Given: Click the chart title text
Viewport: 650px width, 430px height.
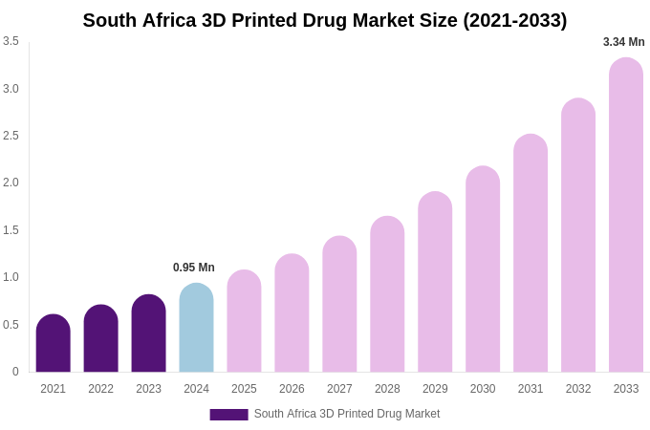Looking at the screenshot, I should click(324, 20).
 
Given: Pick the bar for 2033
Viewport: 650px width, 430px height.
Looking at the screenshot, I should click(626, 215).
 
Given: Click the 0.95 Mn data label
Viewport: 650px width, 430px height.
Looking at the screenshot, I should click(194, 268).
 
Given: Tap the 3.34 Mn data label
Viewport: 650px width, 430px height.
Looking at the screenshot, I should click(623, 42).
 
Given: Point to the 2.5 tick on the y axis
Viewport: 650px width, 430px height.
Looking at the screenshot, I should click(11, 136).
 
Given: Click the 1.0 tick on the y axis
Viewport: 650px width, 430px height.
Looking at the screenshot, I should click(11, 277).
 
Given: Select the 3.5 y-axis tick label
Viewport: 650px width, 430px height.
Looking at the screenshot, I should click(11, 41).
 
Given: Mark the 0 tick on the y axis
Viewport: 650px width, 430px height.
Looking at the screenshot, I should click(15, 372).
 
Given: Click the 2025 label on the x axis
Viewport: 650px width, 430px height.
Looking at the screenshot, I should click(244, 389).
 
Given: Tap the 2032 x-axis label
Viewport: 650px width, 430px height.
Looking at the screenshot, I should click(578, 389).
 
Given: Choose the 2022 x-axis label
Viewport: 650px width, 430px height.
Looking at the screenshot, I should click(100, 389).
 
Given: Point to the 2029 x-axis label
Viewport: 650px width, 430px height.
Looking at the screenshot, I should click(435, 389).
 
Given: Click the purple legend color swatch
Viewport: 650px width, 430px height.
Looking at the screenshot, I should click(228, 415).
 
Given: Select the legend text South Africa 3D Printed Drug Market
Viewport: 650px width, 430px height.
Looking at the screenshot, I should click(347, 414).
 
